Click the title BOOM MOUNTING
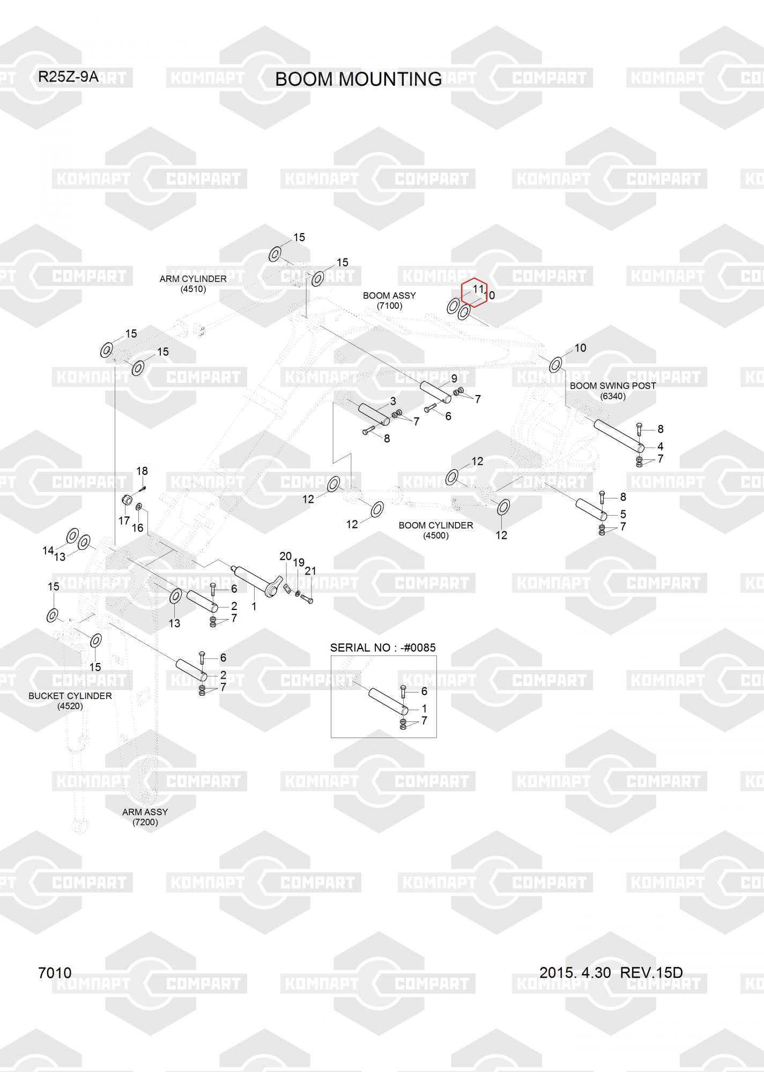tap(358, 79)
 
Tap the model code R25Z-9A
tap(68, 77)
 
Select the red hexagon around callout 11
tap(474, 293)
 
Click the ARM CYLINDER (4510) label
tap(193, 284)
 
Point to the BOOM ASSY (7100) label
tap(389, 300)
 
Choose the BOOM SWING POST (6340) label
tap(613, 391)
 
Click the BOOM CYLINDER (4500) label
tap(436, 530)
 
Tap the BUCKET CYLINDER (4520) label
tap(70, 701)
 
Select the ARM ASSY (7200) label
tap(145, 817)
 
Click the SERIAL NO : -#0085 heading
tap(383, 647)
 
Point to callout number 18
tap(142, 471)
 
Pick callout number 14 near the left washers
tap(48, 550)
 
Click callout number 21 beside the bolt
tap(310, 571)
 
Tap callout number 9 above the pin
tap(454, 378)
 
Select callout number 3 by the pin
tap(393, 401)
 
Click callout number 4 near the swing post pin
tap(661, 446)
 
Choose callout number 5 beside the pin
tap(623, 514)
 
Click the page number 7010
tap(55, 973)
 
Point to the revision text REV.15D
tap(651, 972)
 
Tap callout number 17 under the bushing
tap(124, 520)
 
